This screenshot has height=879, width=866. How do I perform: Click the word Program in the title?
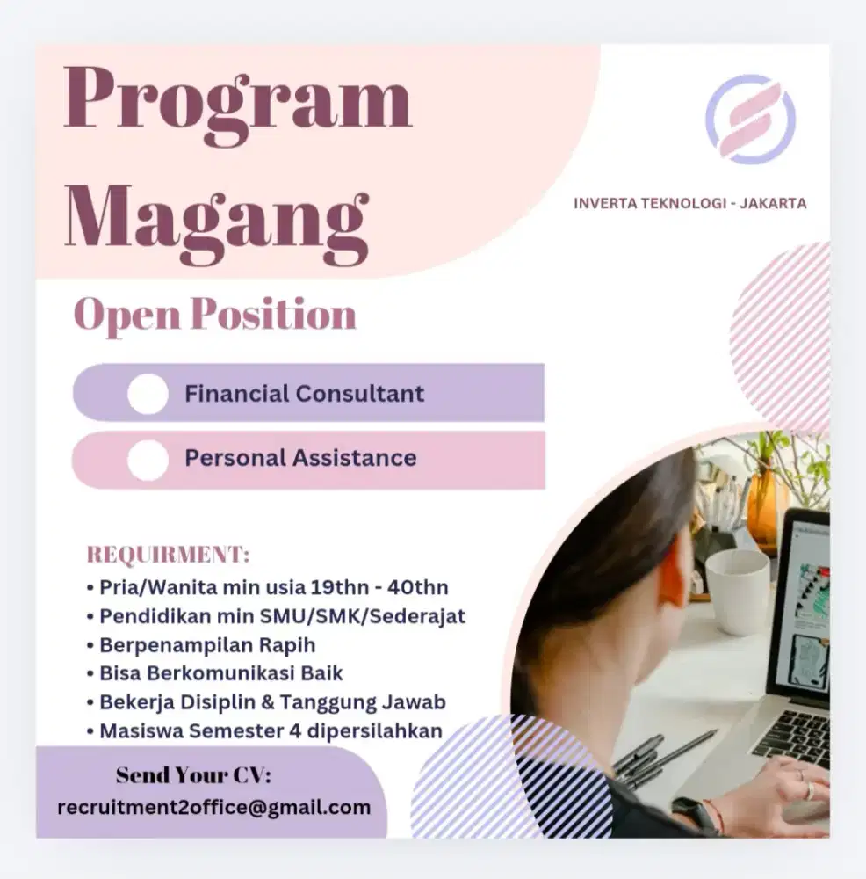coord(237,104)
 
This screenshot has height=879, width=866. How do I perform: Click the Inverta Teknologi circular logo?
coord(749,120)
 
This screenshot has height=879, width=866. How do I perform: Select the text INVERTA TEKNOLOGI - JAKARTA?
coord(689,204)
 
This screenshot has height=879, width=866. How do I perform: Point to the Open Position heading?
coord(215,315)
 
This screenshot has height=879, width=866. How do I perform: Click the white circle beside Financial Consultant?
coord(148,394)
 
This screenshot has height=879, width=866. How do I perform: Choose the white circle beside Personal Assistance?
coord(148,460)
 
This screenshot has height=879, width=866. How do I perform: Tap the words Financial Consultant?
coord(304,393)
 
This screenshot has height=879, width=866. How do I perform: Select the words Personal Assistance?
coord(300,458)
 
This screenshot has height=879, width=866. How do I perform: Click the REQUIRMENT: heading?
coord(168,556)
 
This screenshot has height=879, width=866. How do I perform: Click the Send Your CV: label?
coord(193,776)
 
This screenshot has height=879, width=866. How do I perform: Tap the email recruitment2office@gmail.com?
coord(213,807)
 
